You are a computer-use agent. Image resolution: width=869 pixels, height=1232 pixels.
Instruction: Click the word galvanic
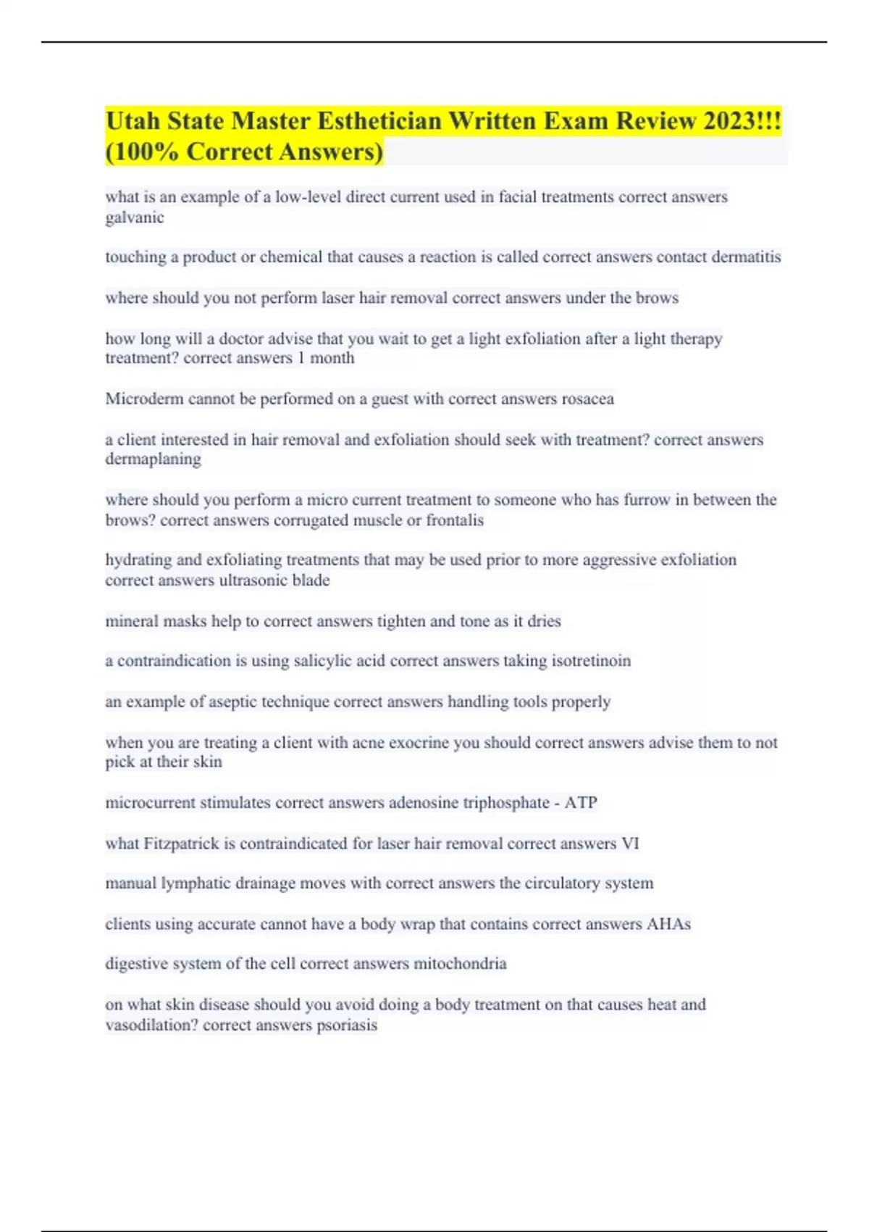[135, 217]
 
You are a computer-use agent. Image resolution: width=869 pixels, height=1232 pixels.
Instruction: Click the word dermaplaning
[154, 459]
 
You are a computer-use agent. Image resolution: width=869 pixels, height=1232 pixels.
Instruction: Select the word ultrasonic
[253, 580]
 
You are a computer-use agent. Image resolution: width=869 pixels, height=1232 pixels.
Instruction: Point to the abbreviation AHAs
[668, 924]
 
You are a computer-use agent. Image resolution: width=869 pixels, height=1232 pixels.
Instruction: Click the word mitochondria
[460, 964]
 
